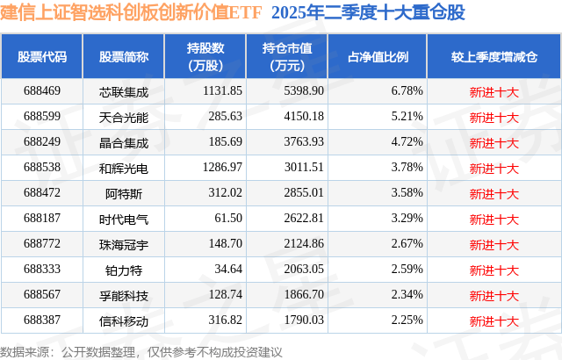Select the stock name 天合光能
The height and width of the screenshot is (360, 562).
[x=124, y=116]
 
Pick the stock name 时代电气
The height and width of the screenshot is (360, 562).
[x=124, y=219]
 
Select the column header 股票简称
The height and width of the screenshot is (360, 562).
[x=124, y=57]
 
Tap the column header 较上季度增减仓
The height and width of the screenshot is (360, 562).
[x=494, y=57]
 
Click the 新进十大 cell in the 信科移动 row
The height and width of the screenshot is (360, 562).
[x=494, y=321]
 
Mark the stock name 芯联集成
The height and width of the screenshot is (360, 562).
[x=124, y=90]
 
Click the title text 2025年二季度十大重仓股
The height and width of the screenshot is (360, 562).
[x=369, y=13]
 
